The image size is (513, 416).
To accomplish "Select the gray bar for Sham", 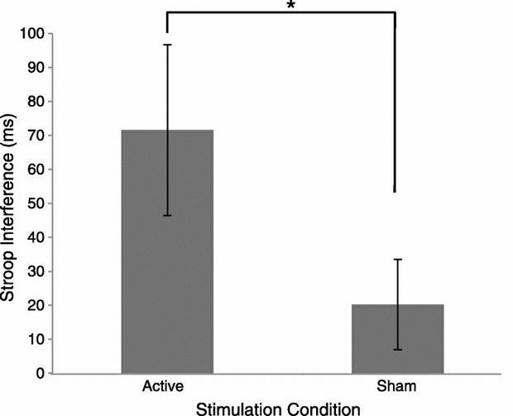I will [397, 339].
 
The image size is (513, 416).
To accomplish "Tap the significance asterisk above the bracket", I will [290, 7].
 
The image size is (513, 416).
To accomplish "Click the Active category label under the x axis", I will [162, 387].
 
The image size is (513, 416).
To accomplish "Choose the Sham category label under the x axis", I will [397, 387].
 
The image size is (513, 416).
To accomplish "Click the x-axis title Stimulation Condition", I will [280, 408].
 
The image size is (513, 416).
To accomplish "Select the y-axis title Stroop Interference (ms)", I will [11, 203].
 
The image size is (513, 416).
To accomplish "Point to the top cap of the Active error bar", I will [167, 45].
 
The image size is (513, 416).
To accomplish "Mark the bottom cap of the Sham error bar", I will [397, 350].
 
